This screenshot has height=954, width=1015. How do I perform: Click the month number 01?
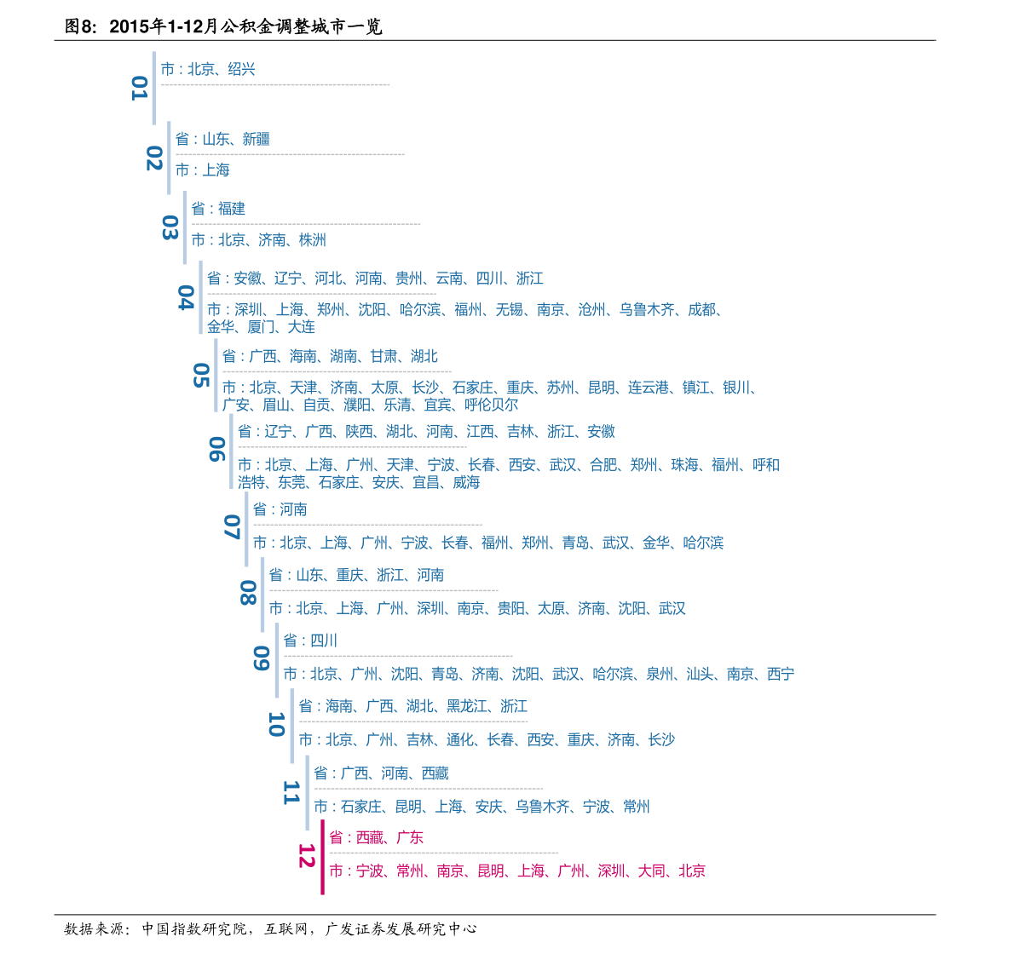(x=139, y=88)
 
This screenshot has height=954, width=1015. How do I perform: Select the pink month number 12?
(x=306, y=856)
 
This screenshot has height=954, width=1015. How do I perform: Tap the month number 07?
(x=232, y=527)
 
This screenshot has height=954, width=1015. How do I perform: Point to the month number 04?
(x=186, y=297)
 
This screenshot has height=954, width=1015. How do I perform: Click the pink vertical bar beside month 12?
(x=322, y=858)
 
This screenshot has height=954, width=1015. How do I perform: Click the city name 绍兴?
(x=241, y=69)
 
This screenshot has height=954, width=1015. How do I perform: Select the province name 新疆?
(x=257, y=139)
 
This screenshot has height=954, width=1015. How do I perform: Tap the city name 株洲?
(x=313, y=240)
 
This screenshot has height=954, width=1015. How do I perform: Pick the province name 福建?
(x=232, y=209)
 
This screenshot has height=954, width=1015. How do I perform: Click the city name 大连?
(x=301, y=327)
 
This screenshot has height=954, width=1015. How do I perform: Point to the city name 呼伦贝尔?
(x=492, y=405)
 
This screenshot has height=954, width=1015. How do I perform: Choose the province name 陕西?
(x=359, y=431)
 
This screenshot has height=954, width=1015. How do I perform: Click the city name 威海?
(x=466, y=482)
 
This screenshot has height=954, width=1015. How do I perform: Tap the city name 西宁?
(x=781, y=674)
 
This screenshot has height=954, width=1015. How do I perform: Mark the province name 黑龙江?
(x=467, y=706)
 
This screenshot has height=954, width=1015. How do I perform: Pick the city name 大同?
(x=652, y=871)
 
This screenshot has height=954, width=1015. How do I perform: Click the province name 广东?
(x=410, y=837)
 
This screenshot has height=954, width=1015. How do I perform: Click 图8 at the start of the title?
(x=81, y=26)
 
